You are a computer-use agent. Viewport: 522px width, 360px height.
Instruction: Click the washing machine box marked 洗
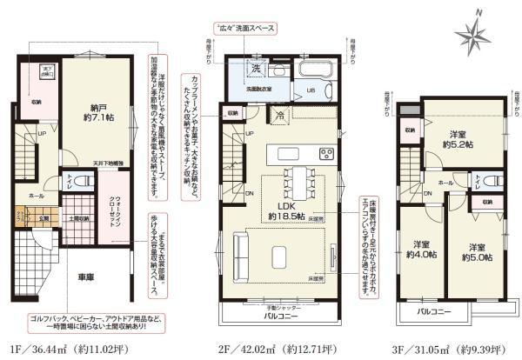click(256, 69)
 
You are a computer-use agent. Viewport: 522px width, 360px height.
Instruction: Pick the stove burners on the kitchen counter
click(326, 155)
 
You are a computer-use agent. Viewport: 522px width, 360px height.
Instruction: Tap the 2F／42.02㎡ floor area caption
click(279, 348)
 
